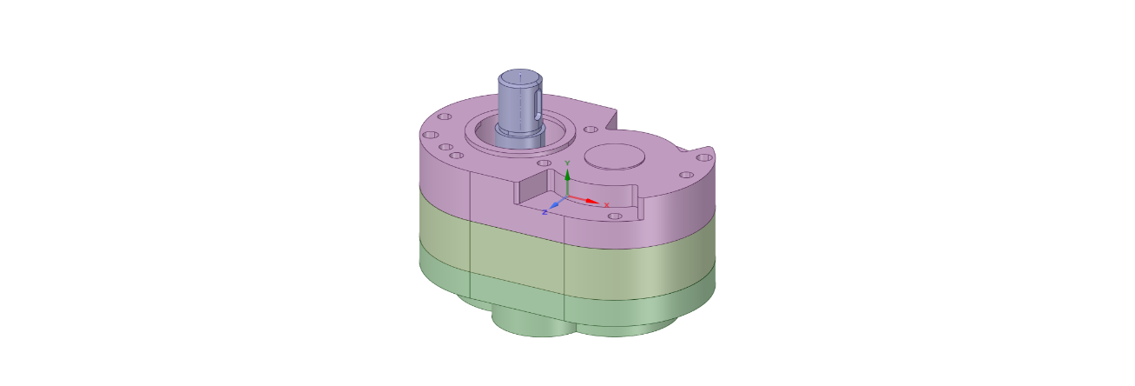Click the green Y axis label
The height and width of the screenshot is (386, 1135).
click(568, 163)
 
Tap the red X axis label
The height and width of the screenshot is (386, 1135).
click(606, 205)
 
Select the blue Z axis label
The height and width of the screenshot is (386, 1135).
click(544, 212)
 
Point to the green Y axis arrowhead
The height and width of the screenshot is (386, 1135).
click(568, 175)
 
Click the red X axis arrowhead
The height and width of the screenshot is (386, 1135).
click(593, 202)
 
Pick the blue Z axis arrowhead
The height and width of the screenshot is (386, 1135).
click(555, 204)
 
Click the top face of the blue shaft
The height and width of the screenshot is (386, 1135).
click(520, 77)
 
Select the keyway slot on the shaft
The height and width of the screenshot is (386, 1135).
click(538, 106)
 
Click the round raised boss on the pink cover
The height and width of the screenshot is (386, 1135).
click(615, 156)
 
